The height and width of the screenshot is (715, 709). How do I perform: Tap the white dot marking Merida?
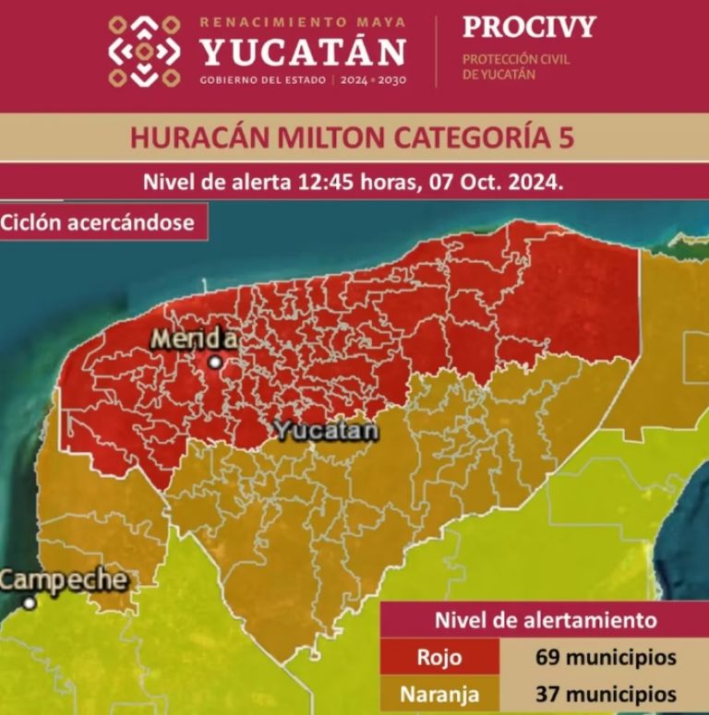click(215, 363)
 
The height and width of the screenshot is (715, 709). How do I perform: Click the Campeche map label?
click(63, 580)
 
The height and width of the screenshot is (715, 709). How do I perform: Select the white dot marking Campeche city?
click(30, 603)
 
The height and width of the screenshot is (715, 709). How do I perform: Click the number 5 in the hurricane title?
click(564, 137)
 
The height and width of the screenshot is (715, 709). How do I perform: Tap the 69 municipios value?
click(604, 658)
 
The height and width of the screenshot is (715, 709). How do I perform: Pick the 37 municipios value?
click(604, 693)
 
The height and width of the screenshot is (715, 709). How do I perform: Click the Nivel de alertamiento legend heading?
click(546, 620)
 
